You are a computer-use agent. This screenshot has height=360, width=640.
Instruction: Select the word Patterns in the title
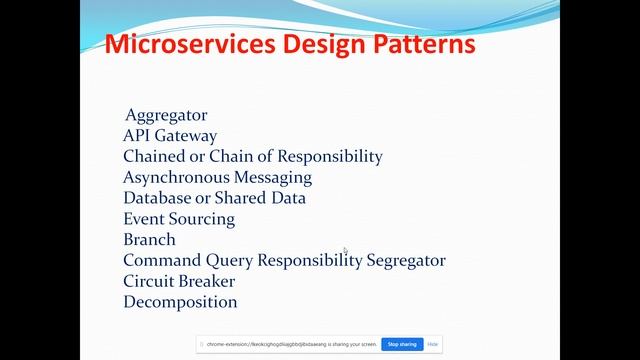point(422,45)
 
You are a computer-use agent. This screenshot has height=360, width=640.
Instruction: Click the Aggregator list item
point(166,115)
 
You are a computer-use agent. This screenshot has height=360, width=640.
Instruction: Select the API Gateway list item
point(170,136)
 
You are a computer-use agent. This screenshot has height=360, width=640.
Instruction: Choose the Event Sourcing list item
point(179,219)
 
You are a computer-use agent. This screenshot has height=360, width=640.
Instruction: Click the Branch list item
point(149,240)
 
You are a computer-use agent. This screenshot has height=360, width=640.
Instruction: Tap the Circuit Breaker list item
point(179,281)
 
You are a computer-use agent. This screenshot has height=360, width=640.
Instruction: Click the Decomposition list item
point(180,302)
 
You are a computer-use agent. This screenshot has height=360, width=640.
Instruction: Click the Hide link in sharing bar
point(433,344)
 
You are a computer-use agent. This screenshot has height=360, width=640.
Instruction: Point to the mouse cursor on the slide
point(346,251)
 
